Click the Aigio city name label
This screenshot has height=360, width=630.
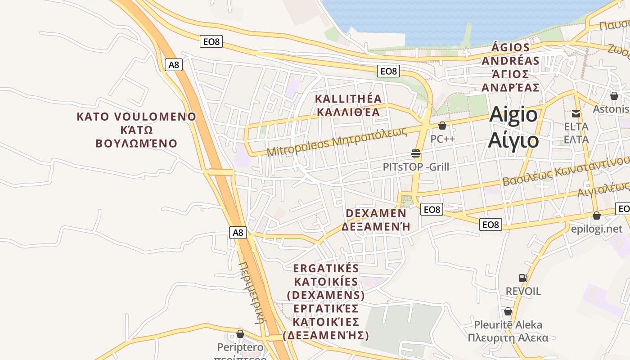tap(513, 127)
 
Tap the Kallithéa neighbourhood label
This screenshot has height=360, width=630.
tap(348, 105)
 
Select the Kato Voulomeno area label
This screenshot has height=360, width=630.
tap(136, 130)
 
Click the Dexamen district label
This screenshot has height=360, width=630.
tap(376, 220)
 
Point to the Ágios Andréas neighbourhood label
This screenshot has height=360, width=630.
tap(510, 67)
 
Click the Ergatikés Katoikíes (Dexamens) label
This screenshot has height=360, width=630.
tap(326, 302)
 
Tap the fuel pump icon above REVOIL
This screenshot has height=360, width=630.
tap(523, 278)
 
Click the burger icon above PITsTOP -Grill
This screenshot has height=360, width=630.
tap(416, 154)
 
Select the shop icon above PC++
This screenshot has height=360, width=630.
tap(442, 126)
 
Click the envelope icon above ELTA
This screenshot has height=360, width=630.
tap(576, 113)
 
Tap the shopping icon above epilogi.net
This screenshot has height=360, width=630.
tap(597, 216)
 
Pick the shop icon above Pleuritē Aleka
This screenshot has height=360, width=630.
tap(508, 311)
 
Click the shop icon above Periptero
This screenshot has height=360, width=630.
tap(240, 334)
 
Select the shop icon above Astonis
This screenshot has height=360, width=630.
tap(614, 95)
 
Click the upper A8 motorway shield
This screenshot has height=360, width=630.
tap(174, 65)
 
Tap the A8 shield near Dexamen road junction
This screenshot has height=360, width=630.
tap(238, 233)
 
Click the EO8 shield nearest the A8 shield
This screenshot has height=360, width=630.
tap(211, 42)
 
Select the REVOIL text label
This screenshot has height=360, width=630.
tap(523, 291)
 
